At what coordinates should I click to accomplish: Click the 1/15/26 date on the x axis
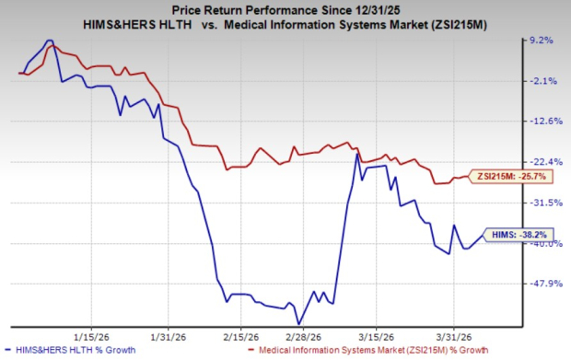[93, 335]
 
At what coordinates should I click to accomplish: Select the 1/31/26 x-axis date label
[164, 335]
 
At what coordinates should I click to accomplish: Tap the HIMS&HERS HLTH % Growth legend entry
[73, 351]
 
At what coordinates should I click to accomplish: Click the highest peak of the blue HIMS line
[50, 41]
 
